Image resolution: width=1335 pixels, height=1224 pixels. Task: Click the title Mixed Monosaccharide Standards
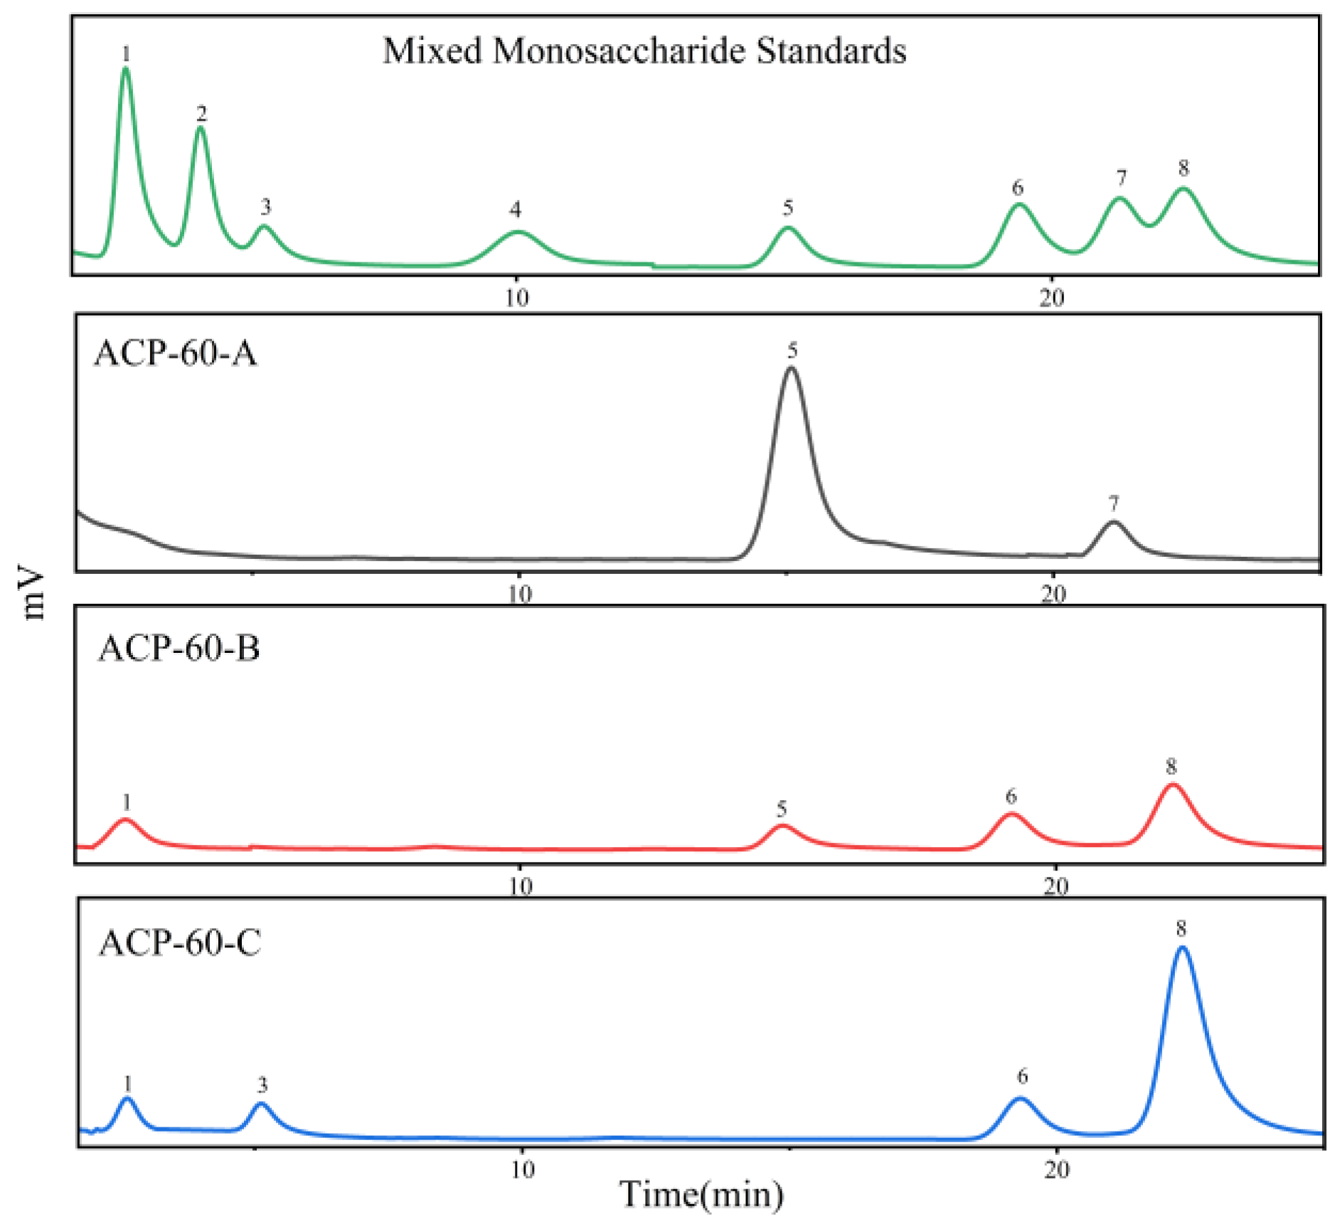[644, 51]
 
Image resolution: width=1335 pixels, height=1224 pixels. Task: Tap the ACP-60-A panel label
[175, 353]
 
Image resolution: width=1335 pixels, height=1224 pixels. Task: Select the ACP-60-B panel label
[179, 648]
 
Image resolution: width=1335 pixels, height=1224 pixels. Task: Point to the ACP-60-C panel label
[179, 943]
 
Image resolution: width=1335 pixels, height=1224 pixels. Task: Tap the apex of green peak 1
[126, 69]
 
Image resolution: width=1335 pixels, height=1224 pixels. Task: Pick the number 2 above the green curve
[202, 113]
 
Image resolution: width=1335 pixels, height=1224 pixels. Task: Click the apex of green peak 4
[518, 232]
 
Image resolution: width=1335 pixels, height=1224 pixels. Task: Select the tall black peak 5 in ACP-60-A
[791, 368]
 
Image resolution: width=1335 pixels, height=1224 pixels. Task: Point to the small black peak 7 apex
[1113, 523]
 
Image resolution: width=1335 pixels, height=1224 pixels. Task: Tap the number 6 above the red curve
[1011, 797]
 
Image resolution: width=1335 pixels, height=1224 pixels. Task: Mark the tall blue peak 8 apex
[1182, 947]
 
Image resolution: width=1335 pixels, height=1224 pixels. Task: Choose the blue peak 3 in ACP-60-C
[261, 1105]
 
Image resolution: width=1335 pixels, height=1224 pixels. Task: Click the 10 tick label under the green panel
[517, 297]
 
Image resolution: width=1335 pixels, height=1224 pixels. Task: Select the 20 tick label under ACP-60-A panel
[1053, 593]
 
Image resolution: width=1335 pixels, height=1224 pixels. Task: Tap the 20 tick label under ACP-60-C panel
[1057, 1169]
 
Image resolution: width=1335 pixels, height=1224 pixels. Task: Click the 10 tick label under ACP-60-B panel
[521, 885]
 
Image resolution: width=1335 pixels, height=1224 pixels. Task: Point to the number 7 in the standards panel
[1121, 178]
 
